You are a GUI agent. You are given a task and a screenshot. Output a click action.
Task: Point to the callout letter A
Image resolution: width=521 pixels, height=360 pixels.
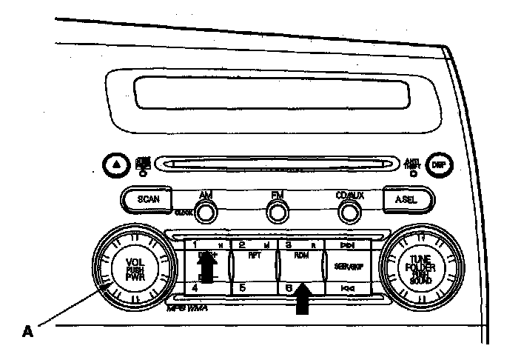[x=27, y=332]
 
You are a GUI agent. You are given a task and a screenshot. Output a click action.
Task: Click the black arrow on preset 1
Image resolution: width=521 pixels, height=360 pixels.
[x=206, y=268]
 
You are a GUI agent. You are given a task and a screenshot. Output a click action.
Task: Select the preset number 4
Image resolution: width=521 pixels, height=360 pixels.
[x=195, y=287]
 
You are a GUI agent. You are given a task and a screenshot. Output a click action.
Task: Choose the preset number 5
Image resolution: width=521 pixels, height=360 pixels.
[x=241, y=287]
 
